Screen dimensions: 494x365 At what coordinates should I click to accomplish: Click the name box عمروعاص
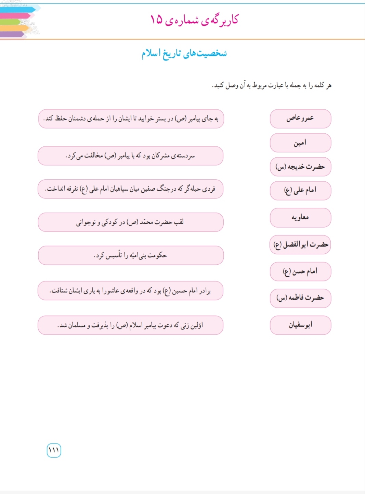click(x=300, y=119)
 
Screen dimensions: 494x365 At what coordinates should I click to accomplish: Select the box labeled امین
click(x=300, y=143)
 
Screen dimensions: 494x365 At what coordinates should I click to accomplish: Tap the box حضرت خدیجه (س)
click(x=300, y=167)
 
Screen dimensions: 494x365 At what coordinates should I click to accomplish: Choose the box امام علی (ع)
click(x=300, y=190)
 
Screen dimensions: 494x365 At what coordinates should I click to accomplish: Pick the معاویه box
click(x=300, y=217)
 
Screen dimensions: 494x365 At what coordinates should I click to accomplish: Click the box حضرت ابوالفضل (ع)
click(x=300, y=244)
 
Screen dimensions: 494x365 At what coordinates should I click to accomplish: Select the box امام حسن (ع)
click(x=300, y=272)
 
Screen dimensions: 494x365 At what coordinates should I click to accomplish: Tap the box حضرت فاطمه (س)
click(x=300, y=298)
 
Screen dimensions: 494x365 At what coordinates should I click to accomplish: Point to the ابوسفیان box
click(x=300, y=325)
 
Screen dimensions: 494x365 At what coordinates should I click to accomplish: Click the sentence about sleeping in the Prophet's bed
click(x=131, y=119)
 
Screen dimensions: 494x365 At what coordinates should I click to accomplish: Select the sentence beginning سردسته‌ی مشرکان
click(x=130, y=156)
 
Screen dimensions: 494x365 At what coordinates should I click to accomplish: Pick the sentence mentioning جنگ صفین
click(x=130, y=189)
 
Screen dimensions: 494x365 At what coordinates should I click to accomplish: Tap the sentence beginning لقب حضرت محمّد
click(x=130, y=222)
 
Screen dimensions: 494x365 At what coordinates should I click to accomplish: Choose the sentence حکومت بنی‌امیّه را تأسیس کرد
click(x=130, y=255)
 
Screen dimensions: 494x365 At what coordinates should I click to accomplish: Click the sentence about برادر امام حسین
click(x=130, y=291)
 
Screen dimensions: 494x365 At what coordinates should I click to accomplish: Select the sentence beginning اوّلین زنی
click(x=130, y=325)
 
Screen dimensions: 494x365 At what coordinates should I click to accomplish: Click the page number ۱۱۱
click(x=54, y=450)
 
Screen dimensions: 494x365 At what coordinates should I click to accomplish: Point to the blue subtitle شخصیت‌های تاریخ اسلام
click(x=184, y=53)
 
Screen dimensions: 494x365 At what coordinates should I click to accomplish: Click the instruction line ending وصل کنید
click(x=272, y=85)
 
